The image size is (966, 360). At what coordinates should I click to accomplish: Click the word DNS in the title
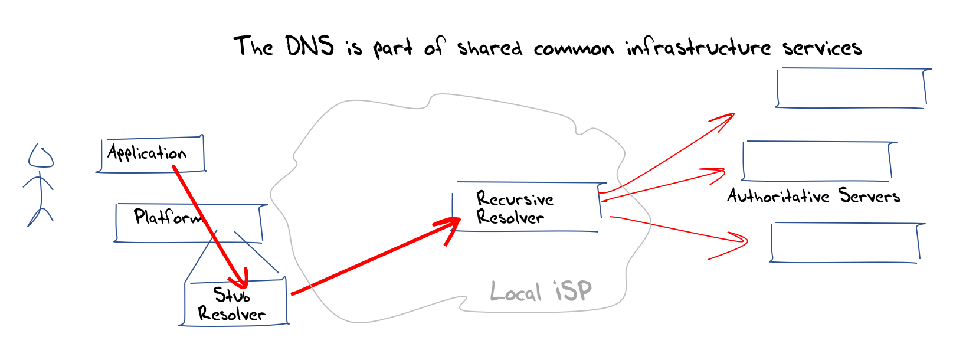(310, 46)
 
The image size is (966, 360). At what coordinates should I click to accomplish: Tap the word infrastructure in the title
(699, 47)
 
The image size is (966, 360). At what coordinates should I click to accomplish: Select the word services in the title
(822, 48)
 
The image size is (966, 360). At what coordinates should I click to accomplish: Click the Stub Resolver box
(234, 302)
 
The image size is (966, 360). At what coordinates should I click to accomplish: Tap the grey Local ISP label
(541, 291)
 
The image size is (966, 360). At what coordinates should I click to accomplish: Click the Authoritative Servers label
(814, 195)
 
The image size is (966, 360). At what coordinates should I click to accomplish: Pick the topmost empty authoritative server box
(853, 88)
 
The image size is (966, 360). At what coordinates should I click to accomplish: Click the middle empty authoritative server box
(818, 161)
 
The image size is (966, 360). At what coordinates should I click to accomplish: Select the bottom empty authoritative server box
(847, 243)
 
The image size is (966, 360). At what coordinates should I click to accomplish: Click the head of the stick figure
(41, 156)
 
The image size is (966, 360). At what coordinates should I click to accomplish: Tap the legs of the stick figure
(40, 217)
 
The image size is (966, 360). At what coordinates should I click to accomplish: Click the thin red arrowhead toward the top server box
(723, 120)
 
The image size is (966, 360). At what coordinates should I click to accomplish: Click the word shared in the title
(490, 47)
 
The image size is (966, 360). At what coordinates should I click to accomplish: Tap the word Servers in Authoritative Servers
(869, 195)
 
